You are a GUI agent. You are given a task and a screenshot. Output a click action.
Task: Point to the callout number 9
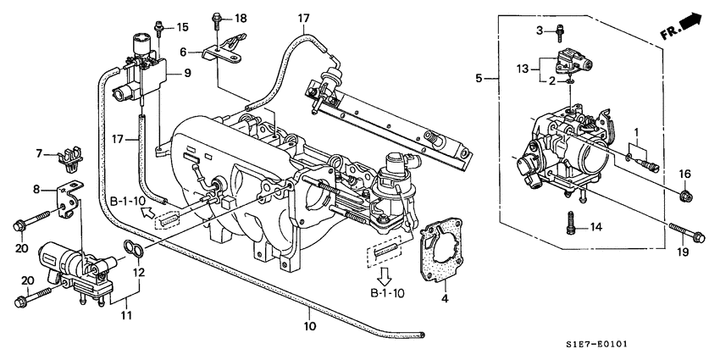click(x=187, y=74)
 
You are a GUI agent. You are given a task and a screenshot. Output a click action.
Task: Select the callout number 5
click(x=480, y=78)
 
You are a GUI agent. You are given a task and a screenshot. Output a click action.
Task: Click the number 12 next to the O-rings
click(x=137, y=273)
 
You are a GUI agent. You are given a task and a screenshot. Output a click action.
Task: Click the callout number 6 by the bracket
click(x=182, y=52)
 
